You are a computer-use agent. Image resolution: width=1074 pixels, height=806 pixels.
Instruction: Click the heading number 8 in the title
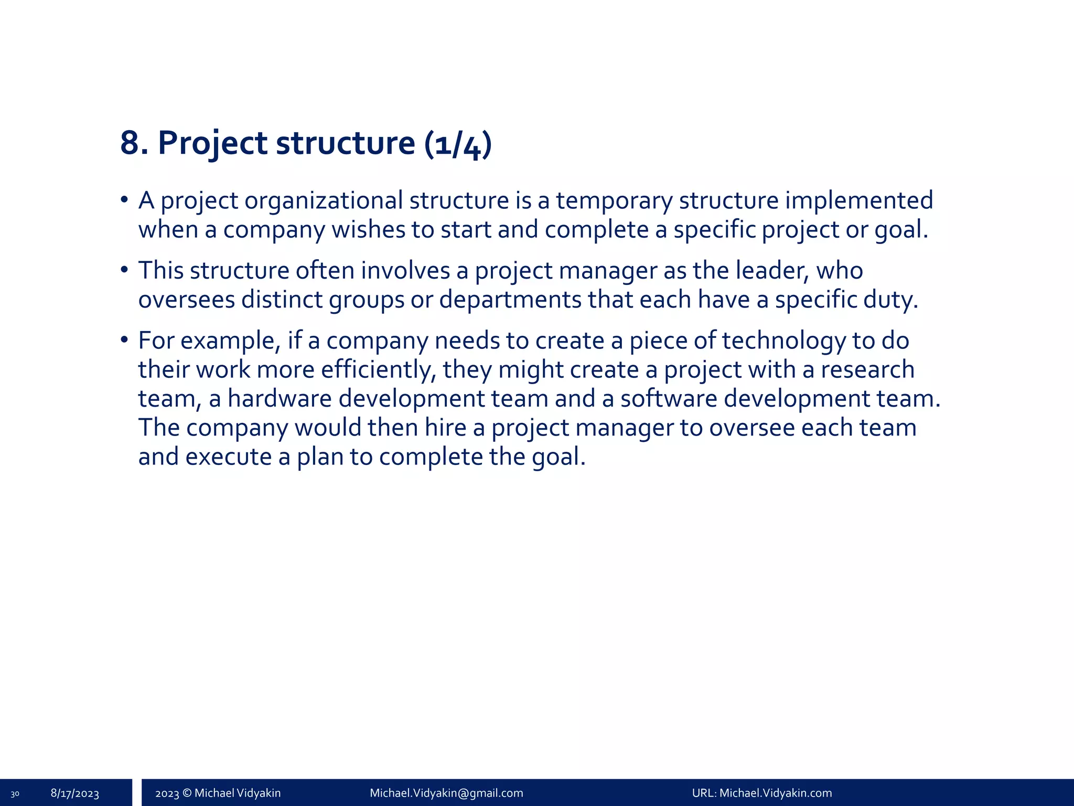point(131,143)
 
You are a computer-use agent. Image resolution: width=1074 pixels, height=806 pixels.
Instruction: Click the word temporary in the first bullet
point(614,200)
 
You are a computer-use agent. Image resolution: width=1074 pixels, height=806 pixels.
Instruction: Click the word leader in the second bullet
point(772,271)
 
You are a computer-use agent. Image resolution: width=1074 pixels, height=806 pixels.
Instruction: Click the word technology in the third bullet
point(783,341)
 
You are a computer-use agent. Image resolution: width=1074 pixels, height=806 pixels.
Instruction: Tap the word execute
point(228,457)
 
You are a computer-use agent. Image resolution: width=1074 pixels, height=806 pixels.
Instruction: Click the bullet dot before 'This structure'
point(124,270)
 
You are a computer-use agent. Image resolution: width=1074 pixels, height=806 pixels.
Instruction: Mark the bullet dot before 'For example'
point(124,340)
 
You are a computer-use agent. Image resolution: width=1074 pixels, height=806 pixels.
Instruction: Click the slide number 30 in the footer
point(15,794)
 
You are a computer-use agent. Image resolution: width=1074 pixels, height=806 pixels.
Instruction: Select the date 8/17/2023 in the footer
point(75,793)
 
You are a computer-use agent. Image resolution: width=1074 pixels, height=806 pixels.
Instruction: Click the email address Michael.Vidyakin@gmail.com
point(446,793)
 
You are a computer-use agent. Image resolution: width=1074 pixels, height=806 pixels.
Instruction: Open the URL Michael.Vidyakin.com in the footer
point(776,793)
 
